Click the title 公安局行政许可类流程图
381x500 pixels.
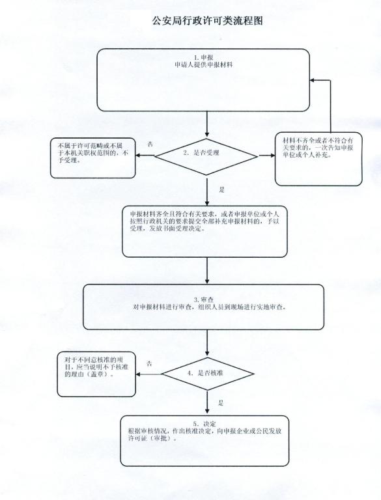pyautogui.click(x=207, y=21)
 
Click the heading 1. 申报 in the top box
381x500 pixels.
pyautogui.click(x=204, y=57)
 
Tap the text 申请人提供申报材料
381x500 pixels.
pyautogui.click(x=204, y=64)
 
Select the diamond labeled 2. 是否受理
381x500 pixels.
pyautogui.click(x=206, y=156)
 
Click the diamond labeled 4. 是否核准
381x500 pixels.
pyautogui.click(x=207, y=374)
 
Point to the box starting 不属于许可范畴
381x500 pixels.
pyautogui.click(x=93, y=158)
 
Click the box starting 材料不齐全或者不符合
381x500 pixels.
pyautogui.click(x=318, y=159)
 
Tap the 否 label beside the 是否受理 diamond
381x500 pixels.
pyautogui.click(x=150, y=144)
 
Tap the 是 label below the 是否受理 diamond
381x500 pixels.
pyautogui.click(x=222, y=189)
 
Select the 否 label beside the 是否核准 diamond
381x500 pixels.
pyautogui.click(x=149, y=363)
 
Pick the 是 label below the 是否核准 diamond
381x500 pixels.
pyautogui.click(x=221, y=402)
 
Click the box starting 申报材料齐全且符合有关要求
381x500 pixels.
pyautogui.click(x=205, y=232)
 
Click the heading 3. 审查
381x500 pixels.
pyautogui.click(x=204, y=299)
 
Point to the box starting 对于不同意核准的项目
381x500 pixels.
pyautogui.click(x=96, y=374)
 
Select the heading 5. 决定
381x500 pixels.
pyautogui.click(x=205, y=424)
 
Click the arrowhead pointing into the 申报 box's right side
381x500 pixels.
pyautogui.click(x=313, y=80)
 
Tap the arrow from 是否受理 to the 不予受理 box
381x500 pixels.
pyautogui.click(x=145, y=156)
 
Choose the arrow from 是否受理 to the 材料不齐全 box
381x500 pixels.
pyautogui.click(x=267, y=156)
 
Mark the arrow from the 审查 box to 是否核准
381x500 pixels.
pyautogui.click(x=207, y=343)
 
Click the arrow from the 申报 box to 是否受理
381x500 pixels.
pyautogui.click(x=207, y=124)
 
